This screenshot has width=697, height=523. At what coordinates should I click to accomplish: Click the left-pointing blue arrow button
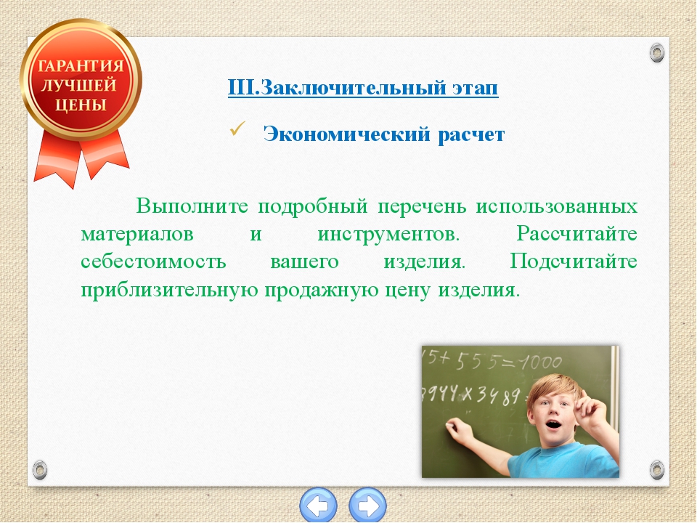tap(319, 506)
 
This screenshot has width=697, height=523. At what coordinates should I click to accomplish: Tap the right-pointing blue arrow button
tap(367, 506)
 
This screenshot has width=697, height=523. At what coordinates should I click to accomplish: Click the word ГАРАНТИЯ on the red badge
tap(81, 66)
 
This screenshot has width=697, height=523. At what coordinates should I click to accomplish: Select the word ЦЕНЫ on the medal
tap(81, 105)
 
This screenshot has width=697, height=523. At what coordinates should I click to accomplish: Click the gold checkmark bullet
tap(238, 129)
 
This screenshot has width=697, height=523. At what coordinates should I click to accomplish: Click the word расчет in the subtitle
tap(471, 135)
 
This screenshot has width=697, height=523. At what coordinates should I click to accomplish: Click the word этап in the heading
tap(475, 88)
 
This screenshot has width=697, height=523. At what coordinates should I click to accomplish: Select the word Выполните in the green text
tap(192, 206)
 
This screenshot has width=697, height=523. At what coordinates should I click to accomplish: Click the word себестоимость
tap(153, 261)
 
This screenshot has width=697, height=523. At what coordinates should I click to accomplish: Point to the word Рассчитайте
tap(576, 234)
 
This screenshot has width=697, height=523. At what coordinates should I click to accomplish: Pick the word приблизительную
tap(169, 291)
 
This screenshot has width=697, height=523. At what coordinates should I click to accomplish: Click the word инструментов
tap(388, 234)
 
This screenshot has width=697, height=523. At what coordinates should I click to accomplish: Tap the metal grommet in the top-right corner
tap(656, 53)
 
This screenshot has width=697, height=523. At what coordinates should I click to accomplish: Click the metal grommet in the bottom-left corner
tap(40, 470)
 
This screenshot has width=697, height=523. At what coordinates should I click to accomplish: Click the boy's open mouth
tap(553, 423)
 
